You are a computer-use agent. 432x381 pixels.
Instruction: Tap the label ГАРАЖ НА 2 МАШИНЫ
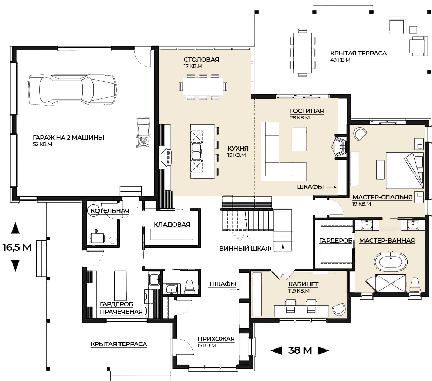(x=68, y=138)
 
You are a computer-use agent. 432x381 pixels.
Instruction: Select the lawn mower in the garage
(x=144, y=133)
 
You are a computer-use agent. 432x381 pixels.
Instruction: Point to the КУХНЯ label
(x=238, y=148)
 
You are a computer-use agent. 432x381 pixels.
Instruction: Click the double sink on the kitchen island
(x=197, y=152)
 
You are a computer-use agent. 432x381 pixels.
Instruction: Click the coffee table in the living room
(x=299, y=139)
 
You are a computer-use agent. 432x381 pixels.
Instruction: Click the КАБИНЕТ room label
(x=304, y=284)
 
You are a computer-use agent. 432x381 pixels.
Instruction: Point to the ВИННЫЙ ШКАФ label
(x=245, y=249)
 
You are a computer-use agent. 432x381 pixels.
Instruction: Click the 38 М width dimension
(x=300, y=350)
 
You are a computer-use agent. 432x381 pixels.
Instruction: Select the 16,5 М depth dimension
(x=17, y=247)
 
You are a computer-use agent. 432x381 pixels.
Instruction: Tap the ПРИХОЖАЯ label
(x=216, y=339)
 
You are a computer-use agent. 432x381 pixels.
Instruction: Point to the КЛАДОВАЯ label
(x=172, y=225)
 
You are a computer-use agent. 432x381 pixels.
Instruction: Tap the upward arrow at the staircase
(x=283, y=252)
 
